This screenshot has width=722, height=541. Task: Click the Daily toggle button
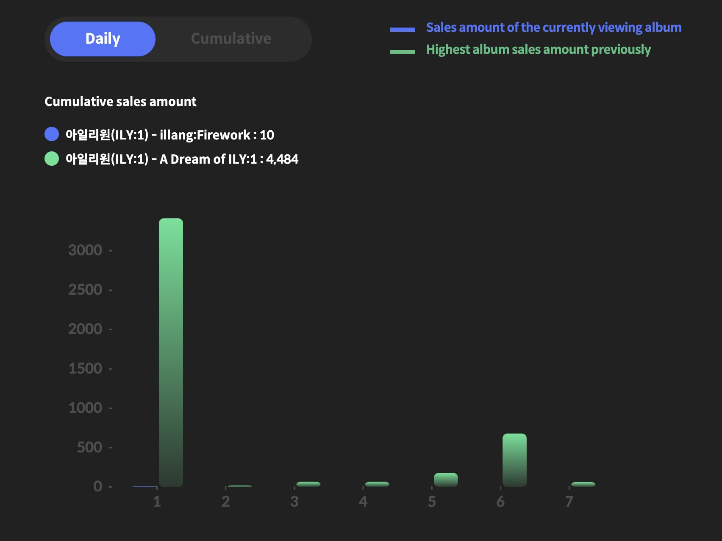[x=103, y=39]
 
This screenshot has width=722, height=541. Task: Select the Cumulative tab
[x=231, y=39]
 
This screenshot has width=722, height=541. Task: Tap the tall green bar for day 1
[x=171, y=352]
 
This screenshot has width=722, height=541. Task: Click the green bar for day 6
[x=514, y=460]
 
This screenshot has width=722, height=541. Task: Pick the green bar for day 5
[x=446, y=480]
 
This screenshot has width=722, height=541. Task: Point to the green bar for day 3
[x=308, y=484]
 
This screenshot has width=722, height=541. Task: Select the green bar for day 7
[x=583, y=484]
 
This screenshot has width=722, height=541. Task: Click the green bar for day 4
[x=377, y=484]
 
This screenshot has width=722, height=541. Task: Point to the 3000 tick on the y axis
[x=85, y=250]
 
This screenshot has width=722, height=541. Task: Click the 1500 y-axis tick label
[x=85, y=368]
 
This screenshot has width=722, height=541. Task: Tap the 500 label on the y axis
[x=89, y=447]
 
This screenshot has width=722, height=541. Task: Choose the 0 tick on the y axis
[x=97, y=486]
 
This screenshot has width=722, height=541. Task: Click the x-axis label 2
[x=225, y=502]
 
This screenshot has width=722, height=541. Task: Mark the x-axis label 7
[x=569, y=502]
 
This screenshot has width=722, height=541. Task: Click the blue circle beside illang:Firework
[x=52, y=134]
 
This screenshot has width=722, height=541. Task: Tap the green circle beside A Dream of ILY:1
[x=52, y=159]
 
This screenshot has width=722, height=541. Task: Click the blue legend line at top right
[x=403, y=29]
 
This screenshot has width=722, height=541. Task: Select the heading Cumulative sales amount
[x=120, y=101]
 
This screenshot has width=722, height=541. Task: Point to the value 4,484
[x=282, y=159]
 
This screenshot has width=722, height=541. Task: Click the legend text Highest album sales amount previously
[x=538, y=50]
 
